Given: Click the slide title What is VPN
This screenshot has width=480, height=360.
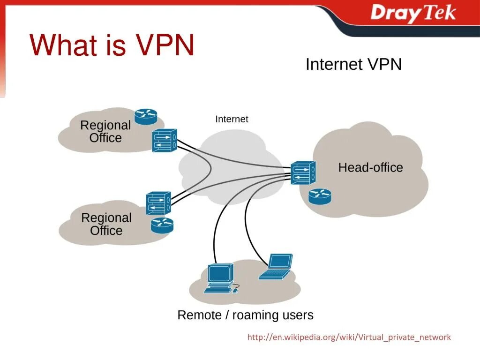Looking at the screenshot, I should click(x=112, y=45).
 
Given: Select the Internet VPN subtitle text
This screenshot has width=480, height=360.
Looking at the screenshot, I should click(x=353, y=64).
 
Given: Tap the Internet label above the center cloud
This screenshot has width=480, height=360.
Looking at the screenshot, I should click(x=232, y=119).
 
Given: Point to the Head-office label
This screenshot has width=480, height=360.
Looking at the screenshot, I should click(x=370, y=167).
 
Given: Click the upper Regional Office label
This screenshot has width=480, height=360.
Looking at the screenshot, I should click(x=105, y=132).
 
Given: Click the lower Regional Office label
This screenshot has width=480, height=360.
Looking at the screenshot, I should click(x=106, y=224).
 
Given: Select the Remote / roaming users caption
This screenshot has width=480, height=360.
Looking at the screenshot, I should click(x=245, y=315).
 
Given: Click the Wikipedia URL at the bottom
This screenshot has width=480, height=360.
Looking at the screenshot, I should click(x=349, y=337).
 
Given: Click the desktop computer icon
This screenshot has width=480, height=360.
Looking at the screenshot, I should click(x=219, y=279).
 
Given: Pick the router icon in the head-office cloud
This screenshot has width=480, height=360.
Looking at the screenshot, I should click(x=320, y=196).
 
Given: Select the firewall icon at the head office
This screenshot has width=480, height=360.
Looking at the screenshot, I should click(x=303, y=172).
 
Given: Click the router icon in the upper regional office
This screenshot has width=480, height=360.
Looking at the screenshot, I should click(x=146, y=116).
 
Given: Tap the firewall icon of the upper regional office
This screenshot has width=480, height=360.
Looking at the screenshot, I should click(x=164, y=140).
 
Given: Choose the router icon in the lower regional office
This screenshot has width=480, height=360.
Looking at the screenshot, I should click(x=162, y=225).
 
